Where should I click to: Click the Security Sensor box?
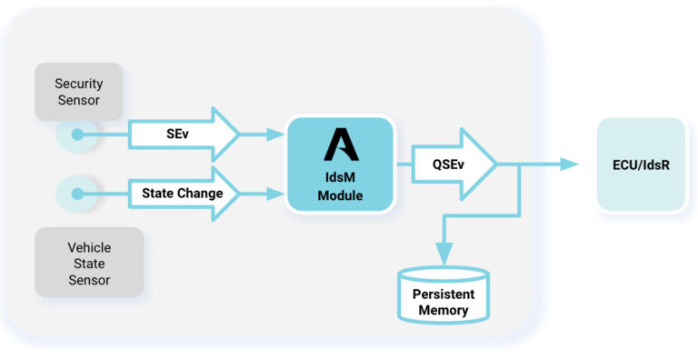(x=78, y=92)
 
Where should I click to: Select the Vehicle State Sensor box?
(x=89, y=262)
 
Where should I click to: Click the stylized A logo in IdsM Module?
(x=341, y=145)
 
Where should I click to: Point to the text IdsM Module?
(x=341, y=185)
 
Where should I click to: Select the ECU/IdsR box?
(x=641, y=164)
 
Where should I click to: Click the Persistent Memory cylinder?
(x=444, y=295)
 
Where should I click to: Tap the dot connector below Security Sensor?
(x=78, y=135)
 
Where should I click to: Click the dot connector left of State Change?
(x=78, y=193)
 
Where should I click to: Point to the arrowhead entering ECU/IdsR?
(x=570, y=164)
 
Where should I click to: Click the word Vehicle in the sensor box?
(x=89, y=246)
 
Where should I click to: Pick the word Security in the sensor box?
(x=78, y=84)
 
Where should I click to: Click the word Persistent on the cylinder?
(x=444, y=295)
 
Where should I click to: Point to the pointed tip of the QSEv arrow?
(x=495, y=164)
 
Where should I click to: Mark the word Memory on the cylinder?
(x=444, y=310)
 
